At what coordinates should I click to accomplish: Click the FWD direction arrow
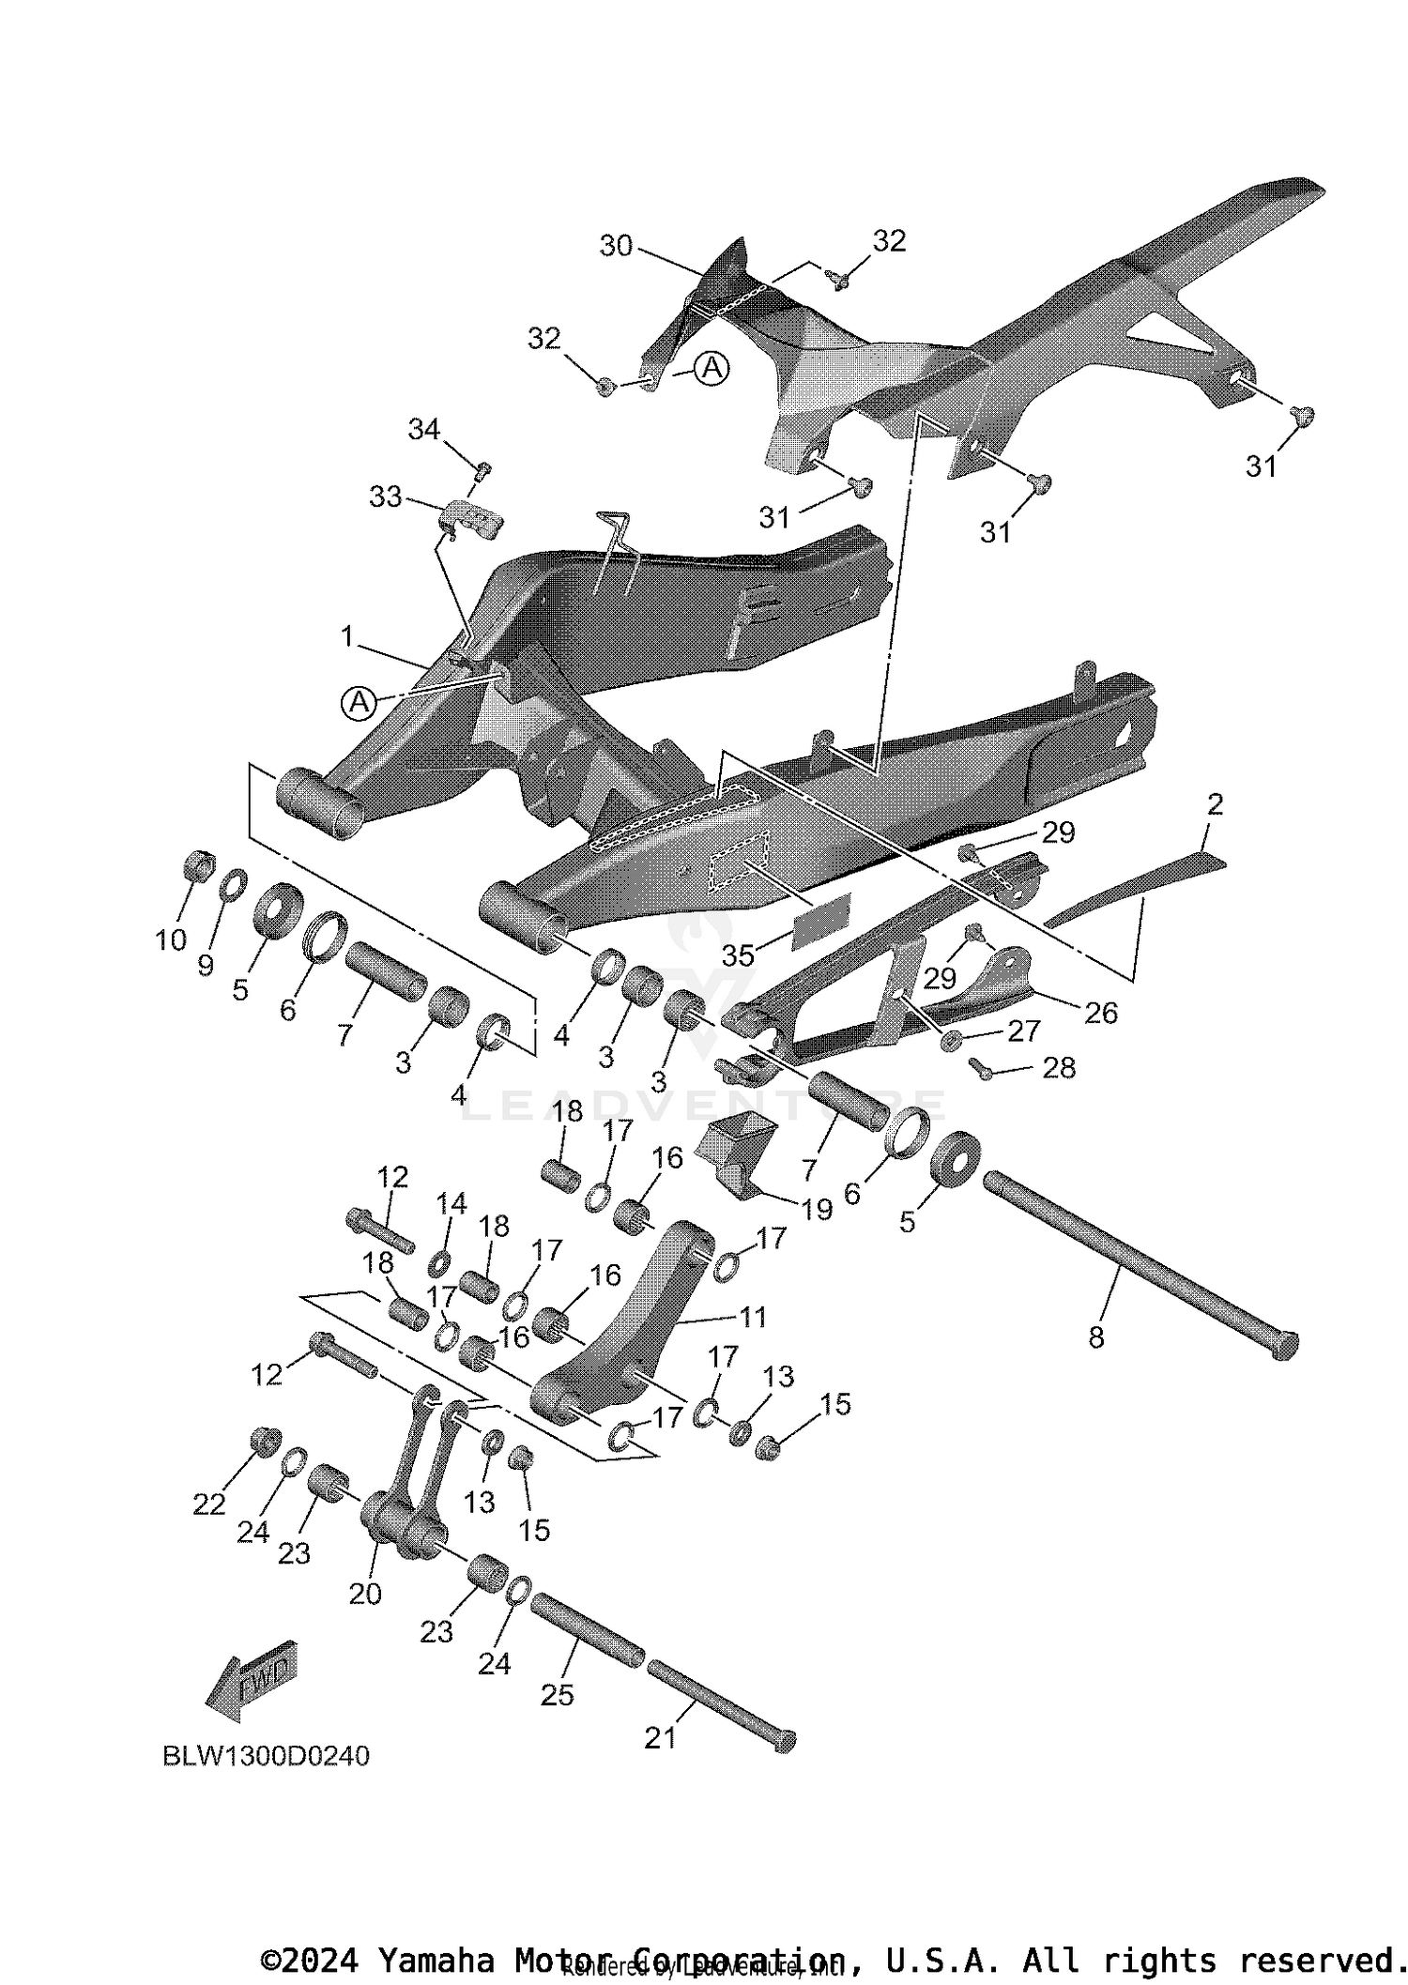click(x=252, y=1681)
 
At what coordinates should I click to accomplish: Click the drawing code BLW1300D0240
click(x=267, y=1755)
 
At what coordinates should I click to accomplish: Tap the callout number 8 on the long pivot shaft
click(x=1096, y=1337)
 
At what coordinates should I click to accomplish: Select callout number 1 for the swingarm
click(x=347, y=637)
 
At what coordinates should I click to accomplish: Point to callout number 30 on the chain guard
click(x=616, y=246)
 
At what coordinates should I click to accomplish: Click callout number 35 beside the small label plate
click(x=738, y=955)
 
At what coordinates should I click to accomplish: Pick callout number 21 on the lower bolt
click(x=660, y=1737)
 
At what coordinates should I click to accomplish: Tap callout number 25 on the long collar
click(x=557, y=1694)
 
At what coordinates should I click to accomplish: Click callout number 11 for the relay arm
click(x=753, y=1317)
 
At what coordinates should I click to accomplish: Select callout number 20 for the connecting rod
click(x=365, y=1593)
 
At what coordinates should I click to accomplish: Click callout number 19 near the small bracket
click(x=817, y=1209)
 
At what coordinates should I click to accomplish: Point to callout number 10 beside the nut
click(x=171, y=939)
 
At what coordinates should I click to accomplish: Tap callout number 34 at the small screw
click(x=424, y=430)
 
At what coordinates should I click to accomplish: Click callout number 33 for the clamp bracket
click(x=386, y=496)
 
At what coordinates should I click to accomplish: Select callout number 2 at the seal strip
click(x=1215, y=804)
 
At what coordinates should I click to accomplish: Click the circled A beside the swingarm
click(x=359, y=702)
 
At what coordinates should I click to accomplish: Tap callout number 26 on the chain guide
click(x=1101, y=1013)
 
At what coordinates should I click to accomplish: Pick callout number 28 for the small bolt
click(x=1059, y=1067)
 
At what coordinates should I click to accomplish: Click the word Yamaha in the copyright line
click(x=436, y=1960)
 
